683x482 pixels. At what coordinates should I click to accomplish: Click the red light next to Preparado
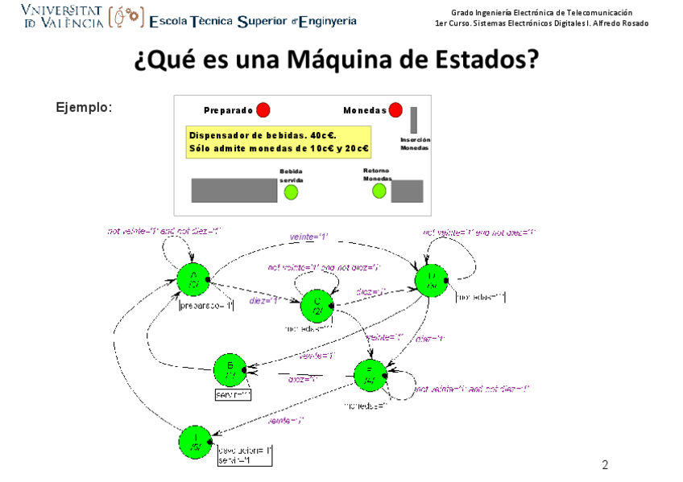click(263, 110)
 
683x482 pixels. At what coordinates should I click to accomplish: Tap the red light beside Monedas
click(395, 110)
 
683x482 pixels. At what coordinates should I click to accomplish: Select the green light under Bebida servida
click(291, 192)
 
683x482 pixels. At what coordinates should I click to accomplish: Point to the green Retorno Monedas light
click(375, 191)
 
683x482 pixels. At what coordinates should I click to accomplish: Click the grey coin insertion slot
click(413, 120)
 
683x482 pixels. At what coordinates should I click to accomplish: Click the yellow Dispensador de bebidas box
click(279, 142)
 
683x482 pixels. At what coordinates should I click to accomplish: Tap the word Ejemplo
click(84, 107)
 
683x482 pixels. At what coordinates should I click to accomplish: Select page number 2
click(605, 465)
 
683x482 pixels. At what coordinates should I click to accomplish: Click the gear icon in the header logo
click(129, 16)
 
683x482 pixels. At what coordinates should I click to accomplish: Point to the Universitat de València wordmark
click(63, 16)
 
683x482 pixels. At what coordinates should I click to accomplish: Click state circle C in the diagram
click(317, 306)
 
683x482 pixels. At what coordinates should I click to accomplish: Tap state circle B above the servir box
click(230, 370)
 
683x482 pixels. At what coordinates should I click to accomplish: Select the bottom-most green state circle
click(195, 443)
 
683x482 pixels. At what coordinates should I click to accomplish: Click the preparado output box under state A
click(206, 306)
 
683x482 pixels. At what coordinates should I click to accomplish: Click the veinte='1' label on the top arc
click(308, 237)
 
